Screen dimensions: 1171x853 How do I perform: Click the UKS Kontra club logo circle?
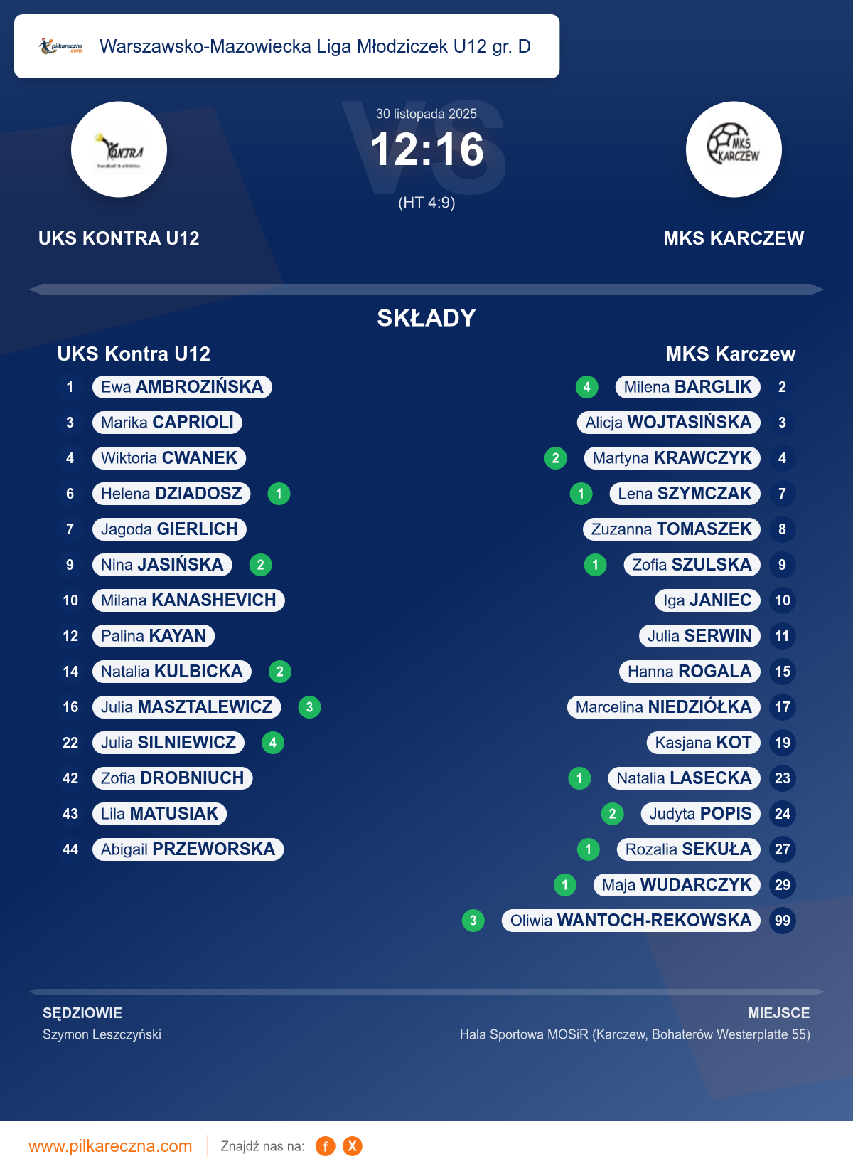(x=119, y=149)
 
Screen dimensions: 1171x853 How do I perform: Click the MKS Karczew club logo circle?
(x=734, y=149)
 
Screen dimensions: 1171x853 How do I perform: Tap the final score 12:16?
(x=426, y=150)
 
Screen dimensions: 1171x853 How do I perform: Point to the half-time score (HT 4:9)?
(x=426, y=203)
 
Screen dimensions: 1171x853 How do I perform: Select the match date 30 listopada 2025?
(x=426, y=114)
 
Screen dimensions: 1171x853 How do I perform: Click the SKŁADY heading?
(x=426, y=318)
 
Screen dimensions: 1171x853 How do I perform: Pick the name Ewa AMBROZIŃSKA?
(x=182, y=387)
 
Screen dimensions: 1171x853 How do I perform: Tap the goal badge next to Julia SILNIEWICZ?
(x=273, y=743)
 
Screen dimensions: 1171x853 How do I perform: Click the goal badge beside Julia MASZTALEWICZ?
(x=309, y=707)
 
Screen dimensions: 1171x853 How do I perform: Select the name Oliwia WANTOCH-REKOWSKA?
(x=631, y=921)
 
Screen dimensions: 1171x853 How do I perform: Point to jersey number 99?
(x=782, y=921)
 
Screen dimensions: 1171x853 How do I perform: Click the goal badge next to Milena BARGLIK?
(x=586, y=387)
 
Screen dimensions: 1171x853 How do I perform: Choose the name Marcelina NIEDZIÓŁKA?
(x=663, y=707)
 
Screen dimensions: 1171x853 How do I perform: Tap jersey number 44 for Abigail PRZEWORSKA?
(x=70, y=849)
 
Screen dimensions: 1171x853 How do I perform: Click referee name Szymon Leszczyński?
(x=102, y=1034)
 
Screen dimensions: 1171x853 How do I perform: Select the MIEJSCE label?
(x=778, y=1013)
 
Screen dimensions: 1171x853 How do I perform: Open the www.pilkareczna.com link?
(x=110, y=1146)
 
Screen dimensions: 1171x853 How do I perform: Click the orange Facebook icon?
(x=326, y=1146)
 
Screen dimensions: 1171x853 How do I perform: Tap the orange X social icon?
(x=352, y=1146)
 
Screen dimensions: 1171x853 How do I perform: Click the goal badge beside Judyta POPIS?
(x=612, y=814)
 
